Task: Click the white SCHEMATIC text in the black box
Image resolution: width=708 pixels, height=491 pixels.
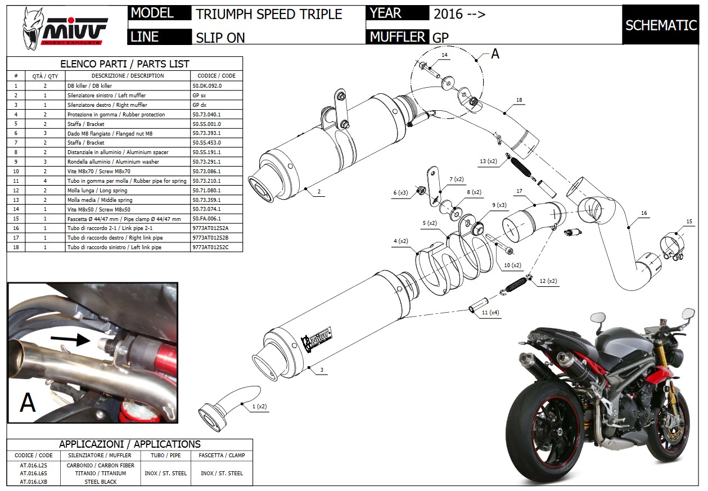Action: [x=661, y=25]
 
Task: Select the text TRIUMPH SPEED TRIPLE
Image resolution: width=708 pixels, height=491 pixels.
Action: [x=269, y=14]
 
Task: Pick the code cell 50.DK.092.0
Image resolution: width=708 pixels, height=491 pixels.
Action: [x=207, y=86]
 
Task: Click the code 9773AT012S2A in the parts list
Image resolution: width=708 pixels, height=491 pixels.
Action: [x=210, y=228]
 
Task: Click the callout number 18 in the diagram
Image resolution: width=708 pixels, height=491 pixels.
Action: [x=518, y=100]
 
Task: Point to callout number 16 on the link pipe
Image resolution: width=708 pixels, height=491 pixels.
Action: [x=644, y=214]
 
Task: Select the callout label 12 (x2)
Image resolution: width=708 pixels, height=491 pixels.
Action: [x=548, y=281]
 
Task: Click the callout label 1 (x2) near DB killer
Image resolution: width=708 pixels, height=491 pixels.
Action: [x=259, y=406]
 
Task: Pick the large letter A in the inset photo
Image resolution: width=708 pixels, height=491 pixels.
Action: [x=28, y=402]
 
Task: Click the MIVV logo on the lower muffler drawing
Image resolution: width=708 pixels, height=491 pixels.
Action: [x=315, y=341]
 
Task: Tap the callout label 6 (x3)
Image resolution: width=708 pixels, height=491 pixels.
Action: [x=400, y=193]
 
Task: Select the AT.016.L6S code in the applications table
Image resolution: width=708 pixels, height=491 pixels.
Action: [x=33, y=474]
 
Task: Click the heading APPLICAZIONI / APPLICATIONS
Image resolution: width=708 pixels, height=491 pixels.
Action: [x=129, y=444]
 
